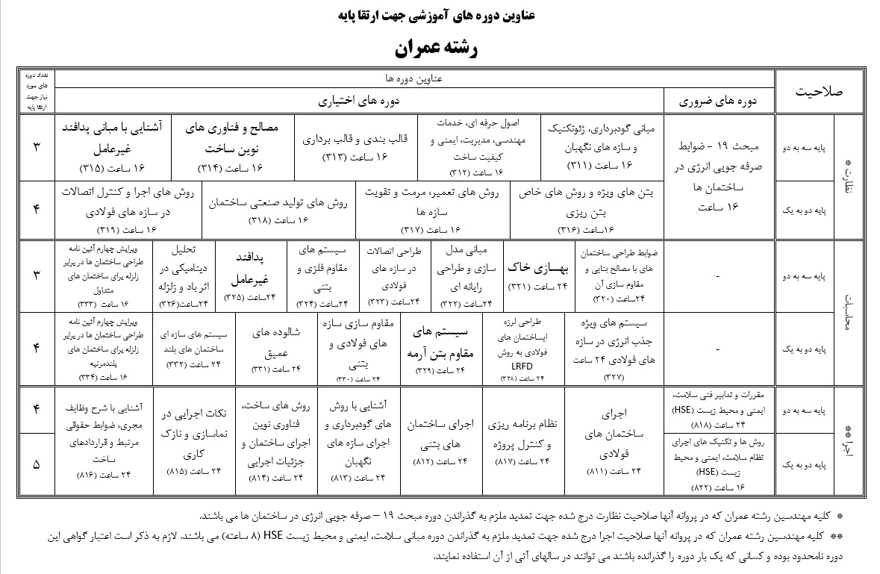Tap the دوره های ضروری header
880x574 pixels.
click(719, 100)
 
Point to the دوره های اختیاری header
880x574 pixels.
click(360, 100)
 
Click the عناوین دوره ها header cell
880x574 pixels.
click(415, 78)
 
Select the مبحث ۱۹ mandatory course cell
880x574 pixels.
click(719, 176)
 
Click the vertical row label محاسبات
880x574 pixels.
click(847, 313)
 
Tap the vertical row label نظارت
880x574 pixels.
click(847, 176)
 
